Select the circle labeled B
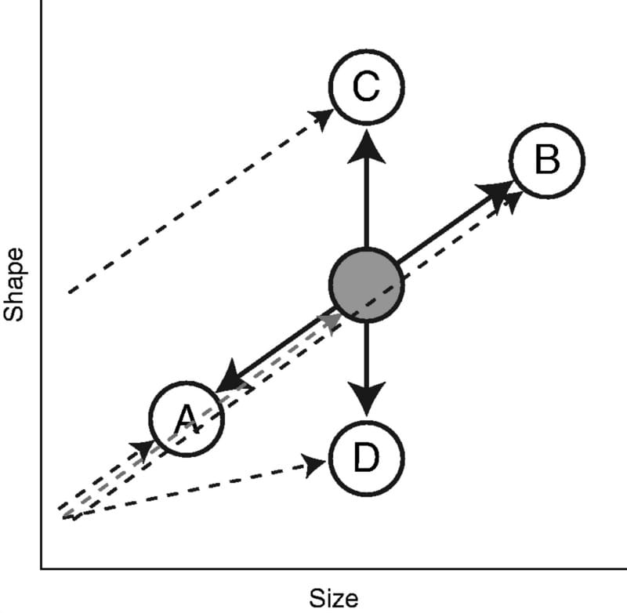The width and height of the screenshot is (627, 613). tap(546, 160)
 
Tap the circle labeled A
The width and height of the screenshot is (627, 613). tap(187, 419)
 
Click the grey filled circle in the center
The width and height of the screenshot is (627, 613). tap(366, 284)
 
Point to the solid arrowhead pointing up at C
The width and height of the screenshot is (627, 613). tap(366, 147)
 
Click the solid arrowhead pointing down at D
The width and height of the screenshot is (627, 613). tap(366, 399)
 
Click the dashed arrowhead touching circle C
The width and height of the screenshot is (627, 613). tap(321, 118)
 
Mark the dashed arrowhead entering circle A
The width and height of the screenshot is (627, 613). tap(143, 449)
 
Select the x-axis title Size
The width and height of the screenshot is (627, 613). tap(335, 597)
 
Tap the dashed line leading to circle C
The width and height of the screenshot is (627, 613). tap(196, 205)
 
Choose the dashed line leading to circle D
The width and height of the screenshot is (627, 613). tap(196, 489)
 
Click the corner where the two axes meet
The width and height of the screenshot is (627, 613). tap(41, 567)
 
